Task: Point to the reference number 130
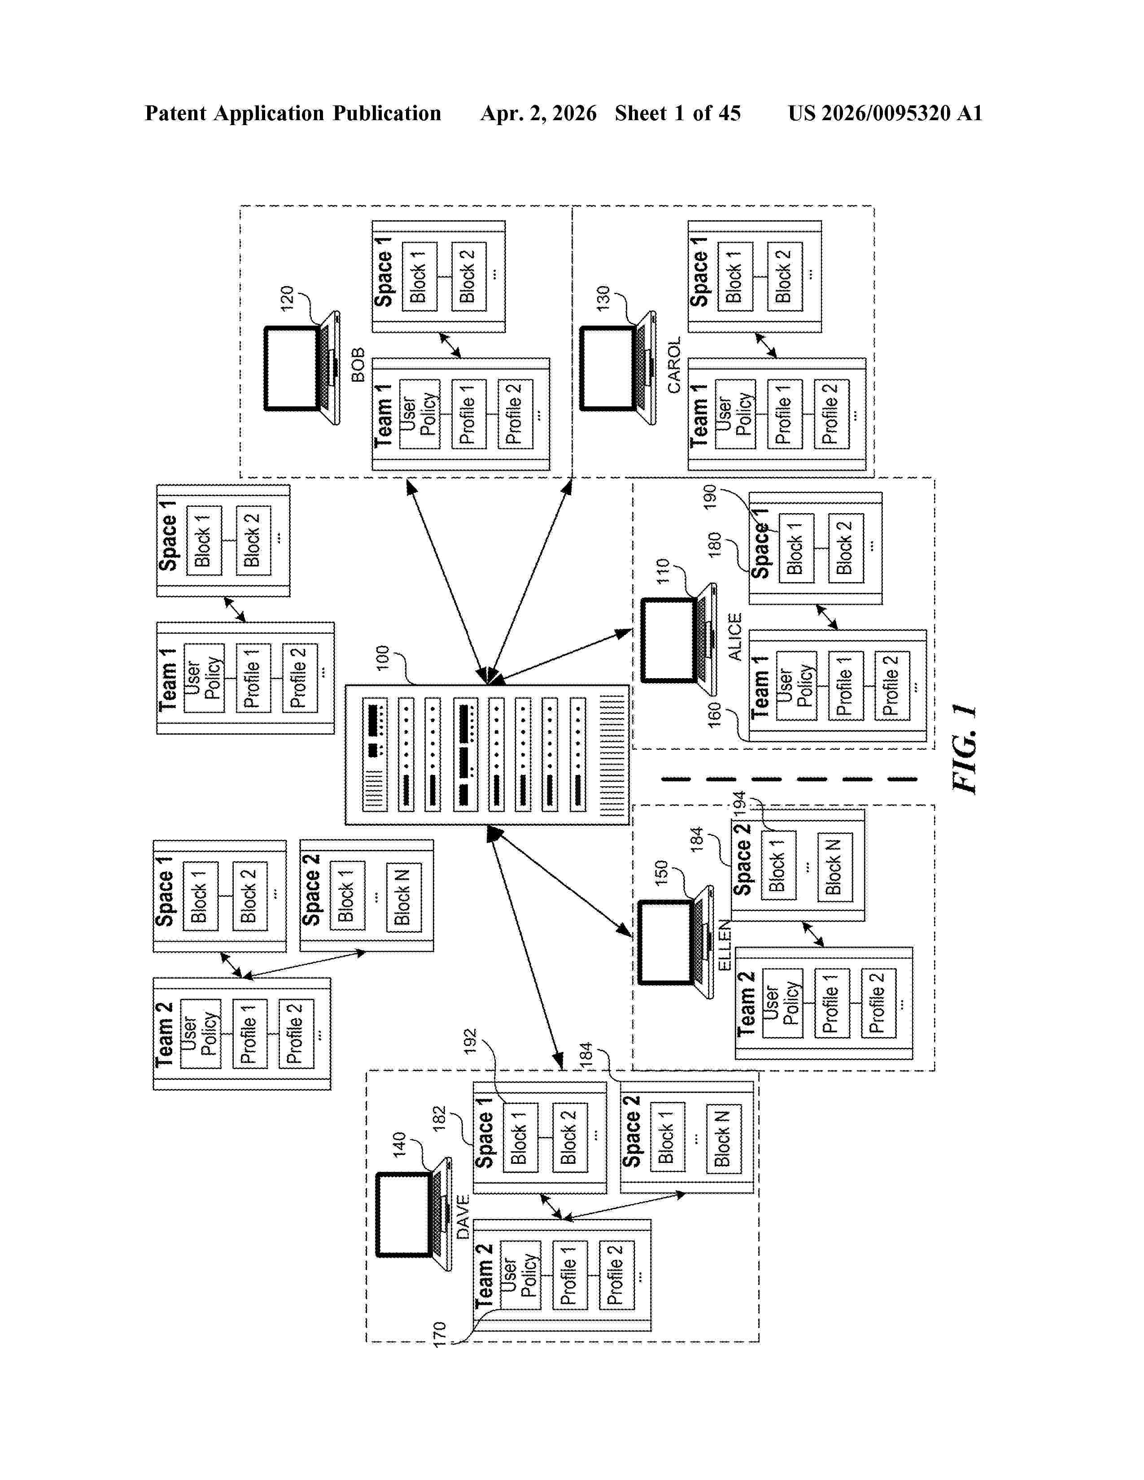(603, 298)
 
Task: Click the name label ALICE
(735, 636)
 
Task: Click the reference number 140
(399, 1145)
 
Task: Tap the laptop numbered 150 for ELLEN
(676, 942)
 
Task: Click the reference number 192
(470, 1041)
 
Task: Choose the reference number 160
(714, 716)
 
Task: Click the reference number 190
(710, 497)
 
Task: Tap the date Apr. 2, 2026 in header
(538, 113)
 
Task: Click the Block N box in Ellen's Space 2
(835, 867)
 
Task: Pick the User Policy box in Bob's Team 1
(420, 414)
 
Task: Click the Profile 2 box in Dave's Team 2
(617, 1275)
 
